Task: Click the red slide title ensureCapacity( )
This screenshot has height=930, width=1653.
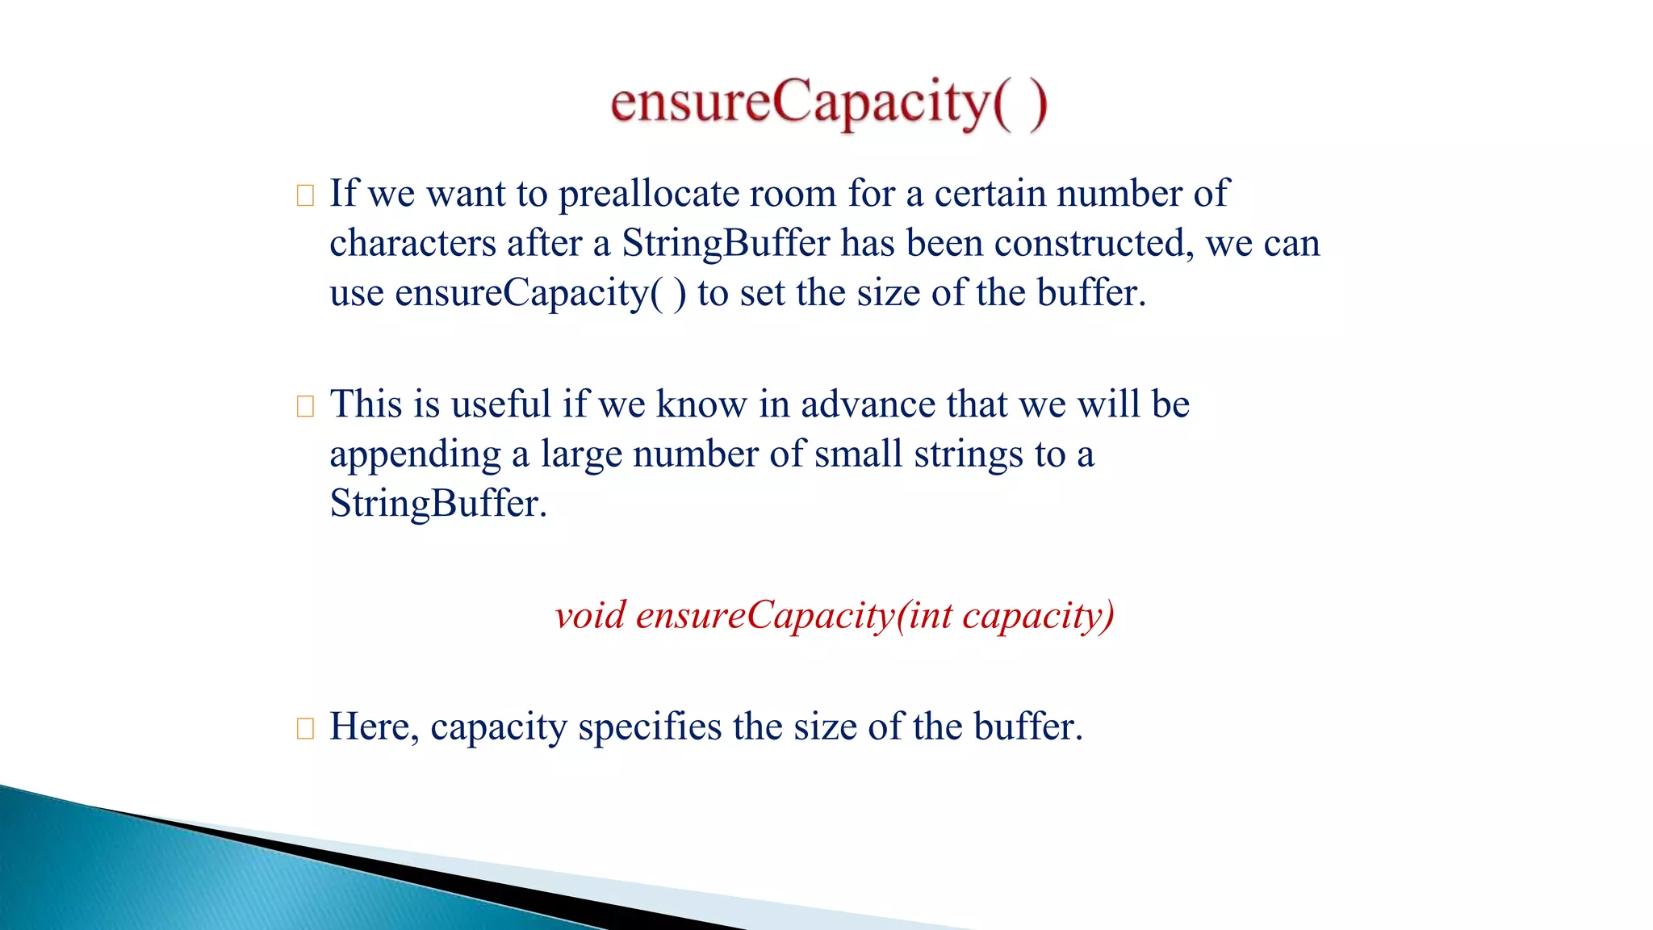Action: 828,103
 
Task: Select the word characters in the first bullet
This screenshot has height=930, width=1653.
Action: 412,244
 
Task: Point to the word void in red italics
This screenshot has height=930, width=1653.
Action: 590,616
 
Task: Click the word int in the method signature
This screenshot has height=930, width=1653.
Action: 930,616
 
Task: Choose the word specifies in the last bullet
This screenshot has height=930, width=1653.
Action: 650,727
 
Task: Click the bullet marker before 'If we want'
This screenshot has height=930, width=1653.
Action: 305,195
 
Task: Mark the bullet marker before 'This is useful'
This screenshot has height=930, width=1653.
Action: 305,406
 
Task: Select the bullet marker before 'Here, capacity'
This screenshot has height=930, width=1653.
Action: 305,728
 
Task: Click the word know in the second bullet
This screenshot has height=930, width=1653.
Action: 701,404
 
